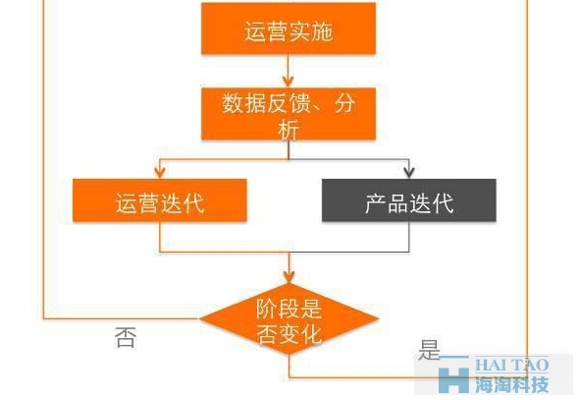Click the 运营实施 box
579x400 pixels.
click(289, 29)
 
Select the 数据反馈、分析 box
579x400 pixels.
click(289, 114)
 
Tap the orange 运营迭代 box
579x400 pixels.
click(160, 200)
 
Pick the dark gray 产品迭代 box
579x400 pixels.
click(409, 200)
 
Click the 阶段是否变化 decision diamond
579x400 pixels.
click(289, 318)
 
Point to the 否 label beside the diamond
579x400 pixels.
click(126, 337)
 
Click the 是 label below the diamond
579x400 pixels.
click(429, 350)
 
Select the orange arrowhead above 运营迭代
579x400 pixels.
click(160, 173)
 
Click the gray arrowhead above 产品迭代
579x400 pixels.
click(409, 173)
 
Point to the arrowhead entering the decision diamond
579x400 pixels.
click(289, 277)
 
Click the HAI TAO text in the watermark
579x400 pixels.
click(511, 365)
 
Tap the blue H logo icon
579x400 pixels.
click(453, 377)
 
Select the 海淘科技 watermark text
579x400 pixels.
click(511, 384)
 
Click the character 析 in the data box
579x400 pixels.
click(289, 130)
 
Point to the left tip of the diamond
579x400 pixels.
click(200, 318)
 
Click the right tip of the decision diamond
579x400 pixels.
click(378, 318)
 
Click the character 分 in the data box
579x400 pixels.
click(344, 103)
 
